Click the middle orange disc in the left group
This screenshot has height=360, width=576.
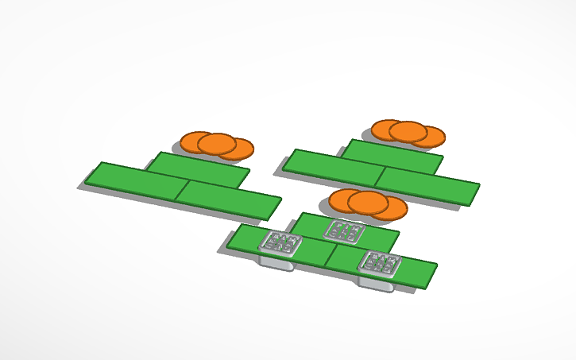(217, 144)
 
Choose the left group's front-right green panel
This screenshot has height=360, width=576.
(228, 199)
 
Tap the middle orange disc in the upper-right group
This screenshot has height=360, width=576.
(408, 132)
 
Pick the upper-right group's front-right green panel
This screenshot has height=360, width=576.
(427, 186)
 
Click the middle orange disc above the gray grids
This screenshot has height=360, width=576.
(367, 203)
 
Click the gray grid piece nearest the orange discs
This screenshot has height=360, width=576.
(345, 230)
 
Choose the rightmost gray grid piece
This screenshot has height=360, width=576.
(379, 263)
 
